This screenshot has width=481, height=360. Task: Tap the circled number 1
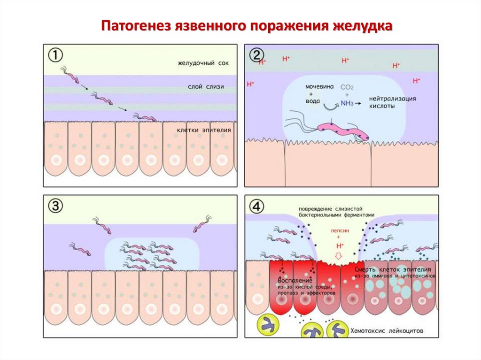pos(56,55)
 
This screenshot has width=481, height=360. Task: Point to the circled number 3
pos(56,206)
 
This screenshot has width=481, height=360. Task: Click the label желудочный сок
pos(203,63)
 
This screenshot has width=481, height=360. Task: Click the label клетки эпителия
pos(204,130)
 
